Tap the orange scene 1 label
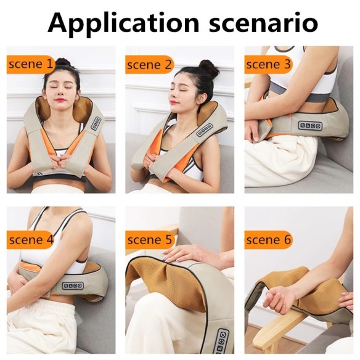click(x=30, y=63)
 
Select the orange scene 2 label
click(x=148, y=63)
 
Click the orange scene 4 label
click(x=30, y=240)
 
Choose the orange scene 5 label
click(x=148, y=240)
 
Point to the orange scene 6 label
click(x=267, y=240)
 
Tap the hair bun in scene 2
click(x=209, y=68)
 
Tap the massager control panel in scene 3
click(x=309, y=126)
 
